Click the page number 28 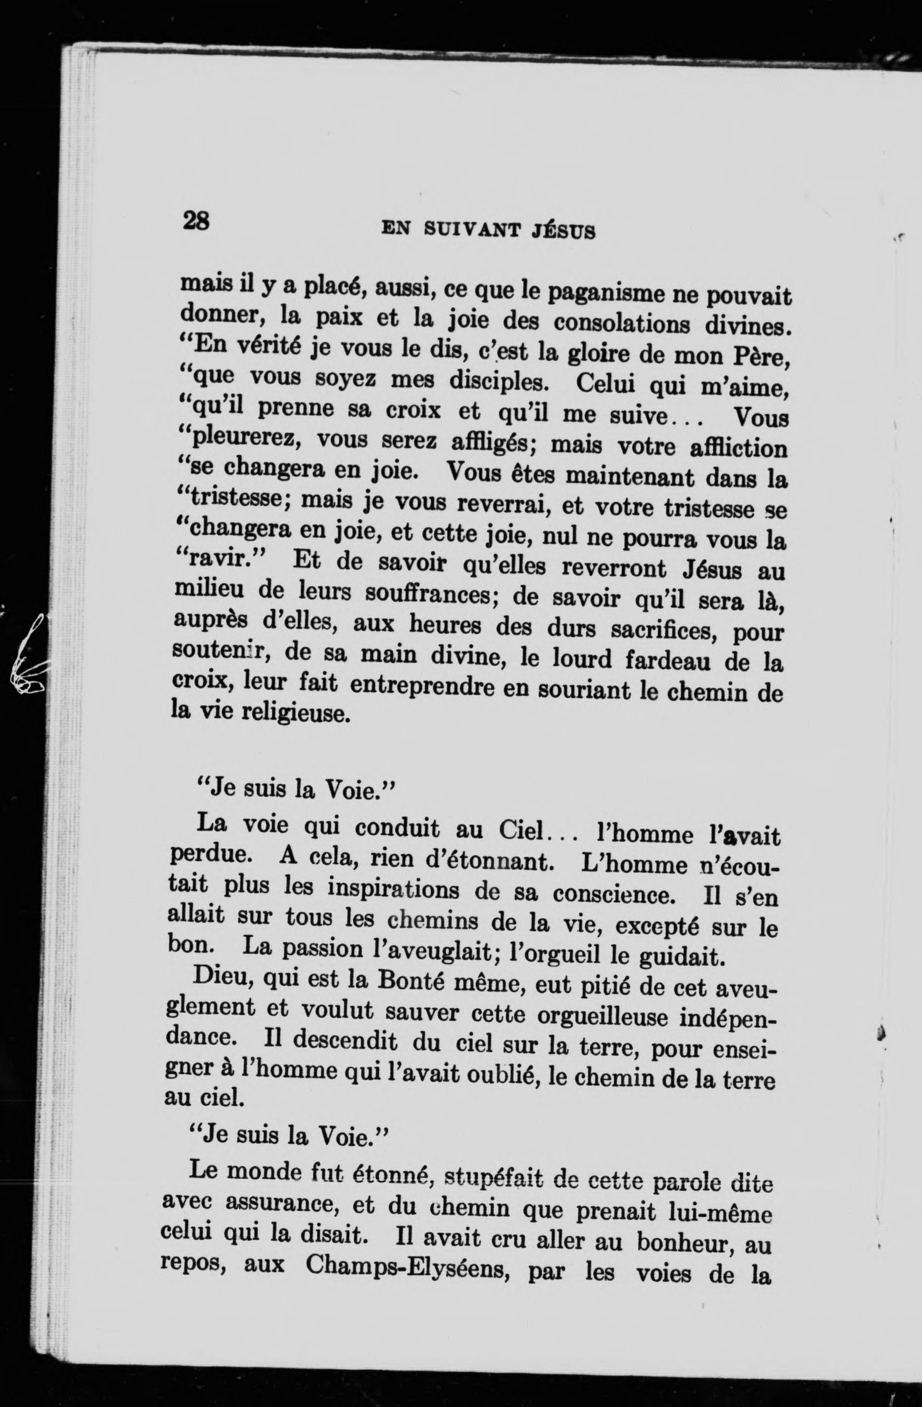tap(196, 221)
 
